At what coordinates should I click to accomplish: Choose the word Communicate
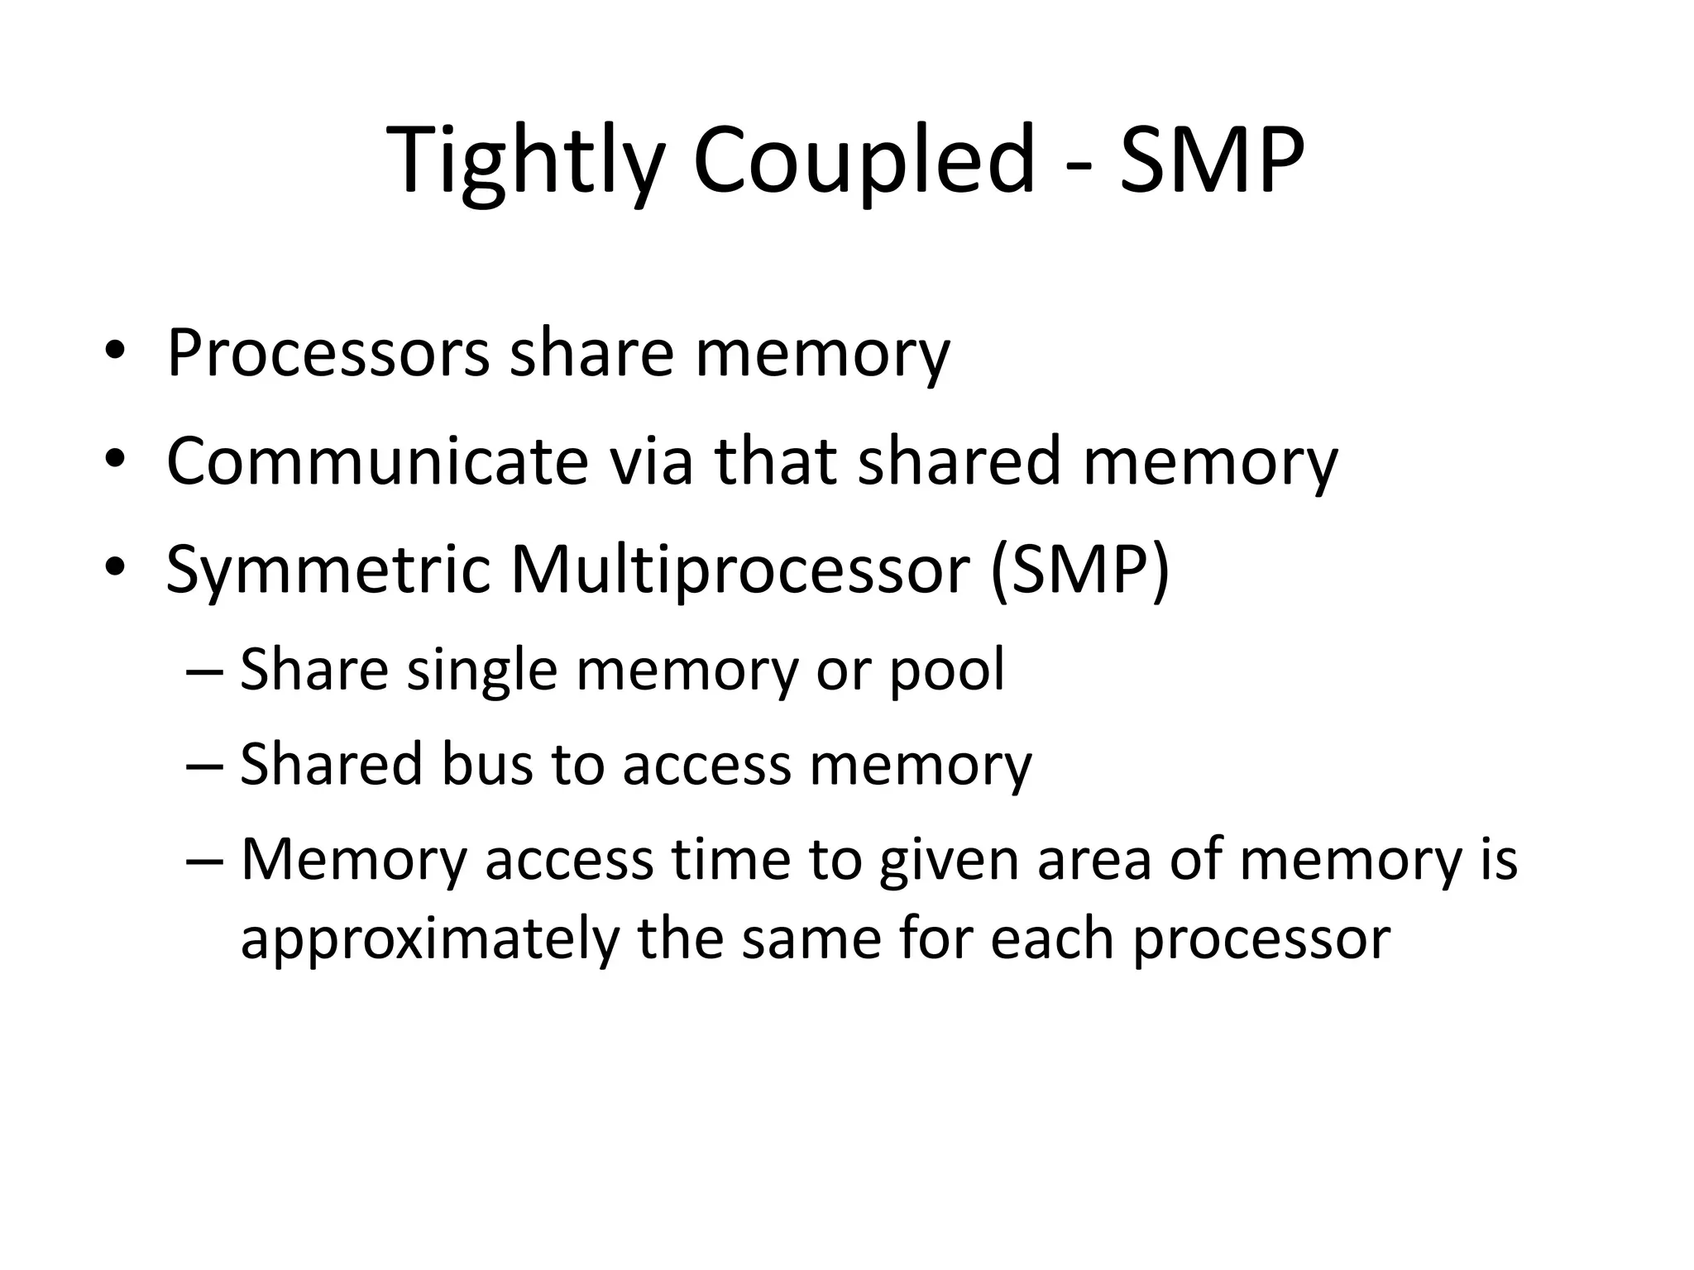pyautogui.click(x=376, y=461)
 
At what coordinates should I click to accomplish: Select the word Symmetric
pyautogui.click(x=328, y=571)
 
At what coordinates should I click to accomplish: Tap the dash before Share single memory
pyautogui.click(x=205, y=671)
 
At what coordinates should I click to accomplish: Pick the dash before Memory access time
pyautogui.click(x=205, y=861)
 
